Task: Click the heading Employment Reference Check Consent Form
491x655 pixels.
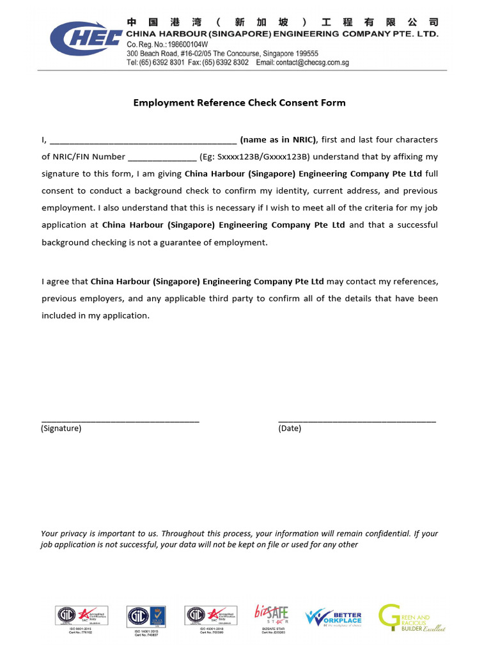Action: (239, 102)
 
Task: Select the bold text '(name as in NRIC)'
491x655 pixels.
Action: (278, 139)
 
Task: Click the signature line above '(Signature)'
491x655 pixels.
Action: (120, 420)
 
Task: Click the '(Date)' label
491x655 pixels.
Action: (290, 429)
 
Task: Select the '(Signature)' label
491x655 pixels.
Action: (61, 429)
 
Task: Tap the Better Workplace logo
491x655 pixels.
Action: (333, 617)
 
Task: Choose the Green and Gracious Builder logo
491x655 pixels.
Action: (411, 617)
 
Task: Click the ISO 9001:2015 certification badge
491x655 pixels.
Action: (81, 617)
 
